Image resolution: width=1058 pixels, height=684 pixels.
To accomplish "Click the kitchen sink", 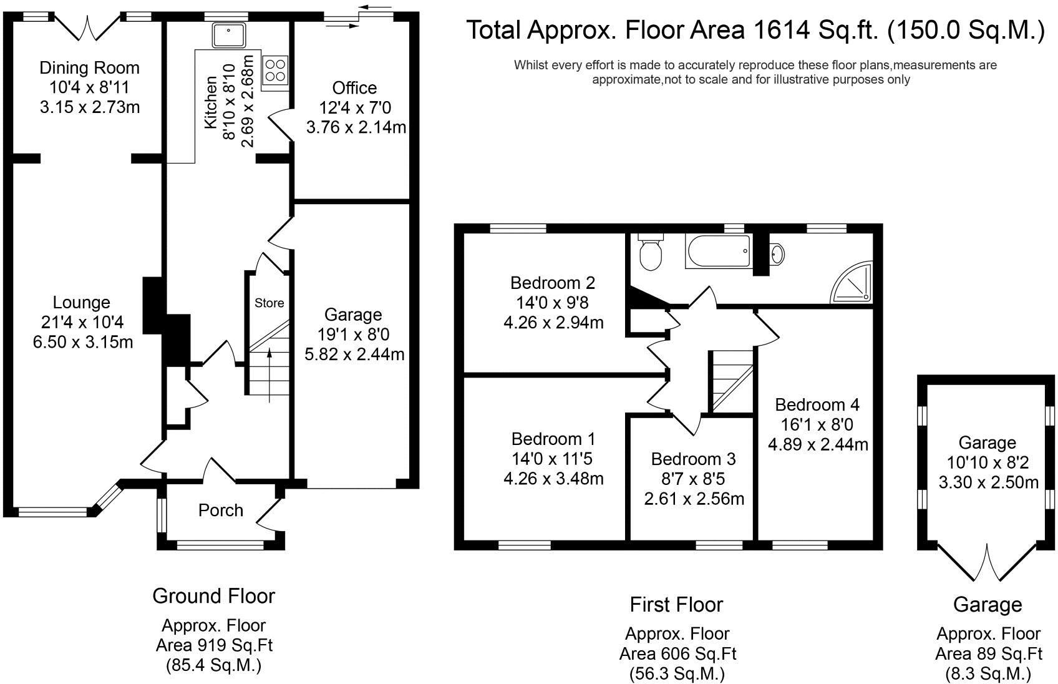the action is click(x=228, y=34).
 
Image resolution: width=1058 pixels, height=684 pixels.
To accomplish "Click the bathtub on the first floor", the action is click(x=718, y=251).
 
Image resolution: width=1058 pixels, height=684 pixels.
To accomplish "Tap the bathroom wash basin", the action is click(x=777, y=254).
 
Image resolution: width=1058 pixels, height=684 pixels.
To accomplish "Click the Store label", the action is click(x=269, y=303).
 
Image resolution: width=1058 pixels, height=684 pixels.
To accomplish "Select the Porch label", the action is click(x=221, y=510).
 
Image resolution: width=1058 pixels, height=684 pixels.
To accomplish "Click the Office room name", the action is click(x=354, y=88).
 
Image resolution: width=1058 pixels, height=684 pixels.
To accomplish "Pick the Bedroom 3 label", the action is click(x=693, y=459).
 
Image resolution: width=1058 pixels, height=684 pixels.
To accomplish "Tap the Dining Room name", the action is click(x=89, y=68).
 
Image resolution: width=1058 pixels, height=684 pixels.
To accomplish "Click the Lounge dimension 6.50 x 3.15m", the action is click(x=83, y=341).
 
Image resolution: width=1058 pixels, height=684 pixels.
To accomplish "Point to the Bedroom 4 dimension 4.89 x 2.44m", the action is click(x=818, y=444).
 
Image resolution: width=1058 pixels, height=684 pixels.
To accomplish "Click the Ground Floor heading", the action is click(x=213, y=596).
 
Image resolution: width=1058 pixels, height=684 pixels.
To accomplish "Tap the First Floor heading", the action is click(x=676, y=605).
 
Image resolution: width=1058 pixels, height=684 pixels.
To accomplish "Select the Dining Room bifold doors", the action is click(x=87, y=27).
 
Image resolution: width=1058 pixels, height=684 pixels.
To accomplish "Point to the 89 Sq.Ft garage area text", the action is click(x=989, y=654).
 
